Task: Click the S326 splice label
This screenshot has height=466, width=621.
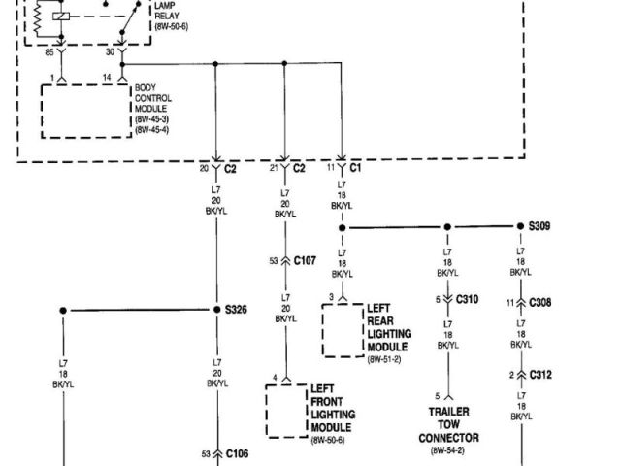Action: click(x=236, y=310)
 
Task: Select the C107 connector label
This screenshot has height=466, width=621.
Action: click(x=305, y=260)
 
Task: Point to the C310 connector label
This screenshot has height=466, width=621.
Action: click(x=467, y=298)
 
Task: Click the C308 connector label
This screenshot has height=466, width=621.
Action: click(x=540, y=302)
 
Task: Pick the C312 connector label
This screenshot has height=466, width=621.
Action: click(x=540, y=374)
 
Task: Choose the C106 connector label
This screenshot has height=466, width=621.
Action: click(x=236, y=453)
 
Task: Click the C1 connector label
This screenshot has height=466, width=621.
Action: click(x=355, y=168)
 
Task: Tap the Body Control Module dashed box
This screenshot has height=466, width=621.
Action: click(x=85, y=112)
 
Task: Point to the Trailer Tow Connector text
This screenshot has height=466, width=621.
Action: click(x=448, y=424)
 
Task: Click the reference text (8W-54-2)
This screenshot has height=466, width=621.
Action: click(x=448, y=450)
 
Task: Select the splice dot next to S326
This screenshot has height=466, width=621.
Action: click(x=215, y=310)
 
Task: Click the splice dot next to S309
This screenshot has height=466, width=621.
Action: click(x=518, y=227)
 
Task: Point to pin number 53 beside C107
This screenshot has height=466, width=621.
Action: click(x=274, y=260)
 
